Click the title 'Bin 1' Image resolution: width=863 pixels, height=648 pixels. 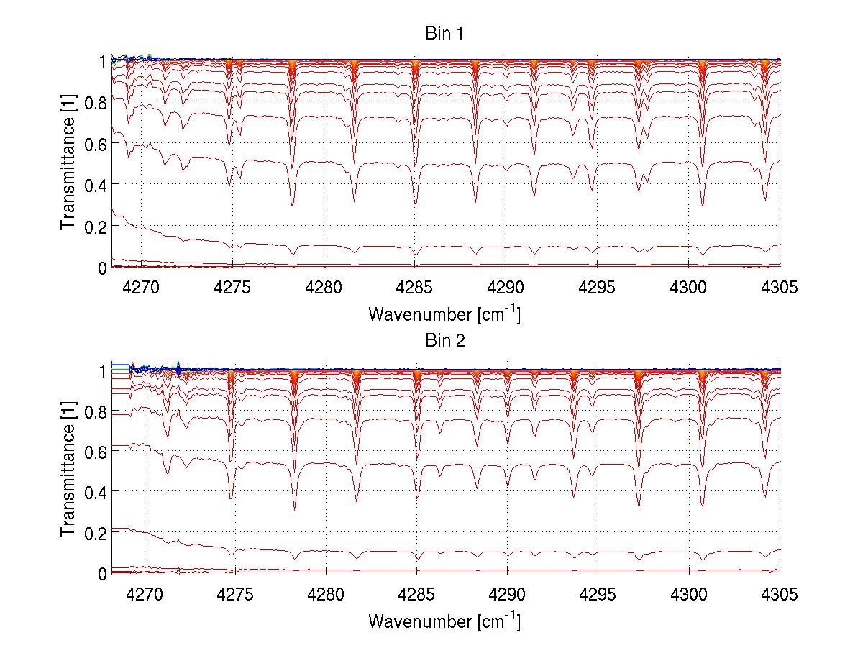(444, 35)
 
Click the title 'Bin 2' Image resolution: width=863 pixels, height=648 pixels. (444, 341)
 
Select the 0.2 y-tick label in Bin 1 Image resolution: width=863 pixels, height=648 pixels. (96, 227)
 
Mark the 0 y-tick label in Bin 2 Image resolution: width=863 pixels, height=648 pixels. (102, 574)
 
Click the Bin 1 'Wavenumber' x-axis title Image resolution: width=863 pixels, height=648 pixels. (444, 314)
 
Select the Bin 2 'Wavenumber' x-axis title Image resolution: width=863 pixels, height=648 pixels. (444, 621)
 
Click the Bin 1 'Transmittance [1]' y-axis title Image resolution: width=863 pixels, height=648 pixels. (68, 164)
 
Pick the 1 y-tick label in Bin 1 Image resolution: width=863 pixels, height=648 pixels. (102, 61)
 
